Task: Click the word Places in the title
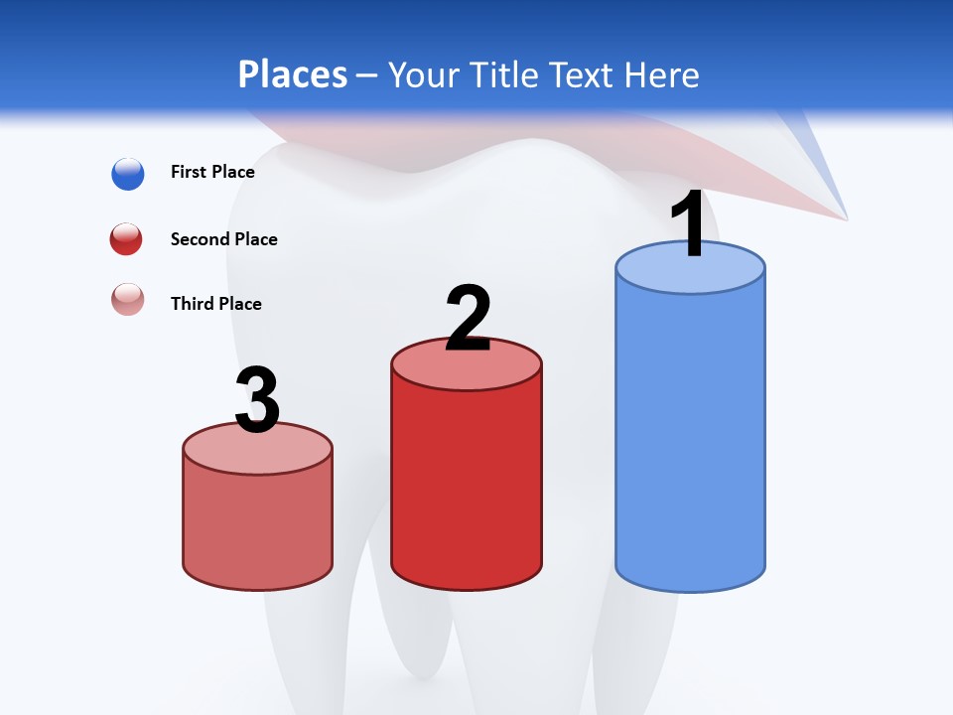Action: click(292, 74)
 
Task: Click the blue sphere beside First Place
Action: click(128, 174)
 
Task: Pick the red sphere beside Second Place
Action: click(127, 239)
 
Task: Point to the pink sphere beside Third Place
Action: click(128, 299)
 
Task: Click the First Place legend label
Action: click(212, 172)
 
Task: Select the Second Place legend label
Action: click(223, 239)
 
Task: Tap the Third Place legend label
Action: click(215, 304)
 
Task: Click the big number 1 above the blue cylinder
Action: click(689, 226)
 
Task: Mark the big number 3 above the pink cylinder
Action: click(257, 400)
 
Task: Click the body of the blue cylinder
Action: click(690, 437)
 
